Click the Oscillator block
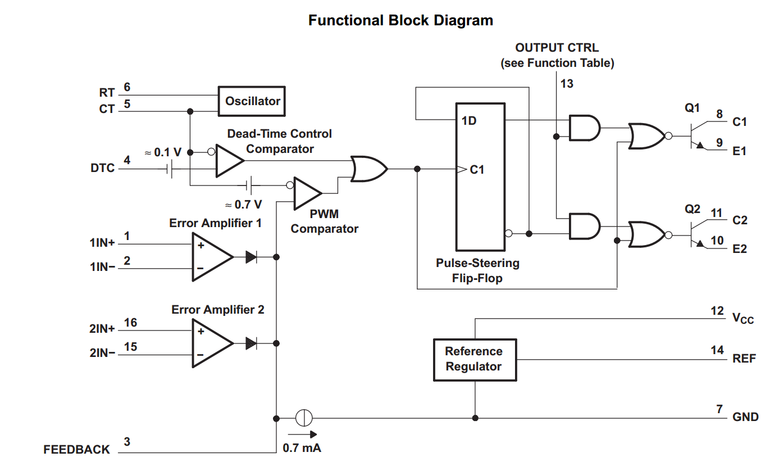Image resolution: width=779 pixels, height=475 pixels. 252,101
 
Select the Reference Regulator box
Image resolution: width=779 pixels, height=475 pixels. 475,360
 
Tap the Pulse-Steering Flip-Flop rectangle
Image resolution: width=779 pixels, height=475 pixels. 480,177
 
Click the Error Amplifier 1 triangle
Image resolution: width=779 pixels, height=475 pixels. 211,257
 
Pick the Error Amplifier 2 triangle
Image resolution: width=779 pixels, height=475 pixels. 211,343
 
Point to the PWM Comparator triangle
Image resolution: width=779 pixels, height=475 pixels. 307,193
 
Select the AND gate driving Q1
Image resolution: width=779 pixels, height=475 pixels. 584,128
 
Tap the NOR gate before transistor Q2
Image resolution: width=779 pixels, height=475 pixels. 645,234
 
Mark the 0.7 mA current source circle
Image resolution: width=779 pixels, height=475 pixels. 304,418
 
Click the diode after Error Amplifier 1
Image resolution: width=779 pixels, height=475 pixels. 252,257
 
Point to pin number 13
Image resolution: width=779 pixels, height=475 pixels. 567,84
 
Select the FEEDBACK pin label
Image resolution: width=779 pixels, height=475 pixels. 77,450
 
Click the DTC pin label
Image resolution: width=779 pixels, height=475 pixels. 103,168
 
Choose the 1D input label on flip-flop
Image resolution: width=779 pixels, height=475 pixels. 470,121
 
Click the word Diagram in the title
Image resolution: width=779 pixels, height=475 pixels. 463,21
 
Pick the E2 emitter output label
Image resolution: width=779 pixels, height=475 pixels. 740,249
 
